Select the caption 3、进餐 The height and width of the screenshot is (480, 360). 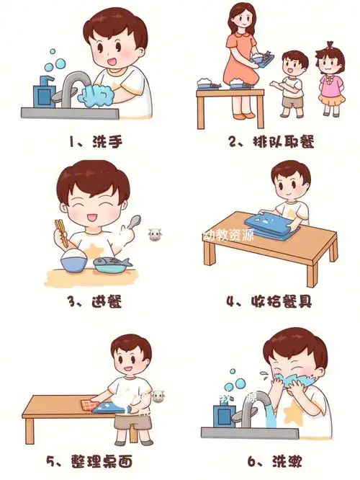click(95, 301)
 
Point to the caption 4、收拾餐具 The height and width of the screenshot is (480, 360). click(270, 301)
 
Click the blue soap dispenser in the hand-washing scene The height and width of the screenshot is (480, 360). click(43, 92)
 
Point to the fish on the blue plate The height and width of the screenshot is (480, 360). click(115, 262)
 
